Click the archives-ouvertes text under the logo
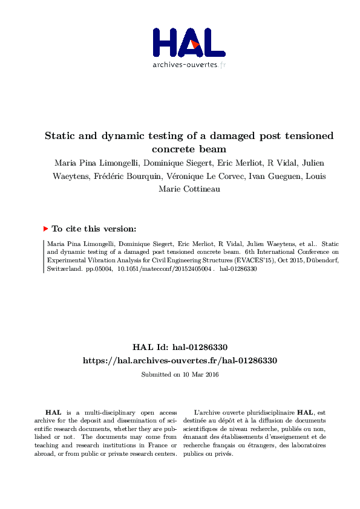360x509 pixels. coord(185,65)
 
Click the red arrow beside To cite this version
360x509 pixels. coord(45,229)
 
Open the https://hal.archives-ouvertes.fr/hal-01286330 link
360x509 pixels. coord(180,360)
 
